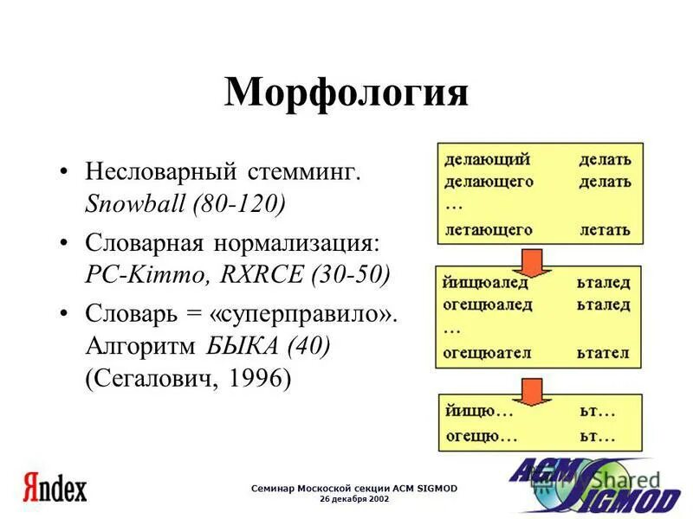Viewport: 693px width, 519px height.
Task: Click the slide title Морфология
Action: pos(346,93)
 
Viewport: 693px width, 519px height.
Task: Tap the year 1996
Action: pos(253,380)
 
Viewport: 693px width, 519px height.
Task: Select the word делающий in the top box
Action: pos(486,159)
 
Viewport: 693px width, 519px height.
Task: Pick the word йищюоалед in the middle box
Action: pos(486,284)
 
